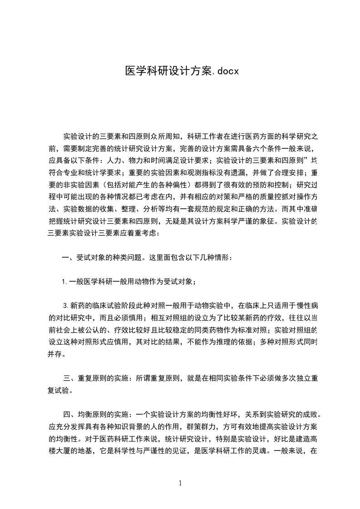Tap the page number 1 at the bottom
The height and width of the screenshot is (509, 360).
tap(180, 483)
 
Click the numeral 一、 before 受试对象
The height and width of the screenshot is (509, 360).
tap(67, 258)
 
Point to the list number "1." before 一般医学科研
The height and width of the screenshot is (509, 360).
tap(65, 282)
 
